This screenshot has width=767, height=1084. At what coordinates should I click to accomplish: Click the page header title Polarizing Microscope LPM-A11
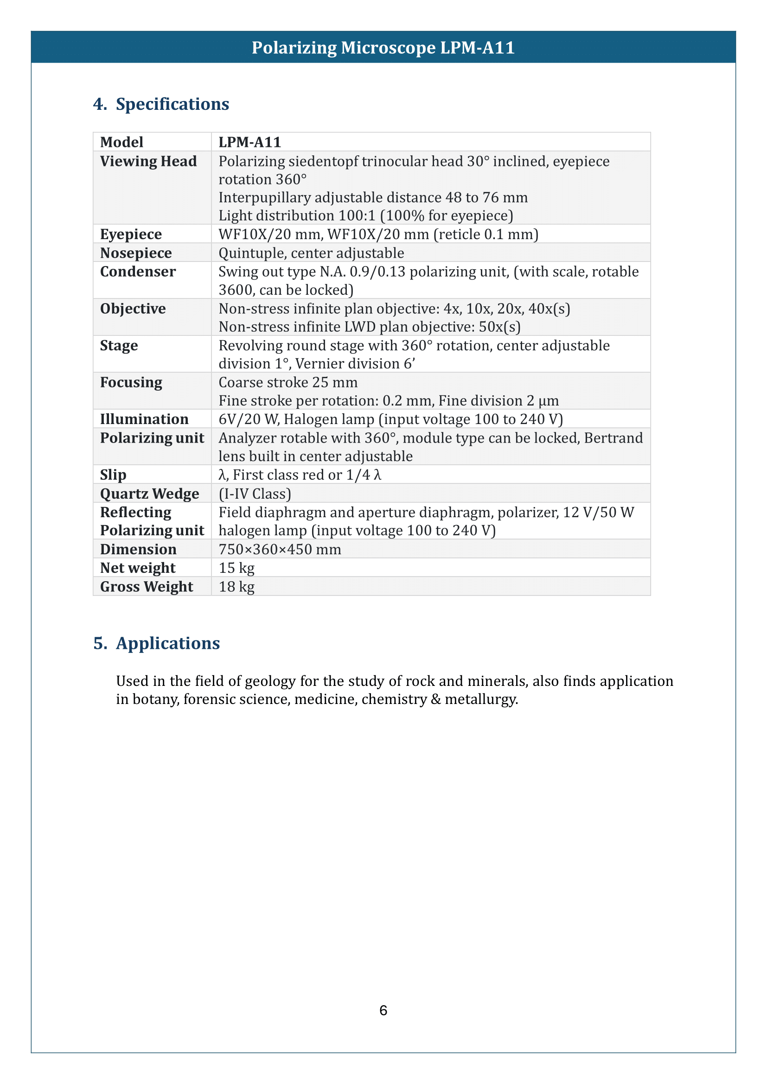(383, 48)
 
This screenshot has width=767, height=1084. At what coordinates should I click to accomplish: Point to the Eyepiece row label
(131, 234)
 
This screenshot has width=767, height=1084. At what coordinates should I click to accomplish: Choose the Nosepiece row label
(136, 253)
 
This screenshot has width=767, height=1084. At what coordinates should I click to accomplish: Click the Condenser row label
(138, 272)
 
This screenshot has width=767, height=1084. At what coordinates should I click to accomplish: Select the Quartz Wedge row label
(149, 494)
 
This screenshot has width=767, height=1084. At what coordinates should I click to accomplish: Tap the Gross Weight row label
(147, 586)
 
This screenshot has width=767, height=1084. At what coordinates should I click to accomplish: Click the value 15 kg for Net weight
(236, 568)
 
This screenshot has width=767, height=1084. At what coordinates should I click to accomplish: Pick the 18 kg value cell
(236, 586)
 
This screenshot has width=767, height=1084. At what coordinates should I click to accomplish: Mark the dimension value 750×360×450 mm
(280, 549)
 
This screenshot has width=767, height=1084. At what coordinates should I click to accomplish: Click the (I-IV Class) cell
(255, 494)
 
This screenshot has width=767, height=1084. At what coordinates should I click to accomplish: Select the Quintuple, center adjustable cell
(311, 253)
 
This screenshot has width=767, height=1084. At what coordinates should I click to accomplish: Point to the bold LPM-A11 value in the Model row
(250, 142)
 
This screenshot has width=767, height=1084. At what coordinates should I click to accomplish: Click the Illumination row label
(144, 419)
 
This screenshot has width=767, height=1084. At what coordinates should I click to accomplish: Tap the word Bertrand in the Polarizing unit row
(613, 438)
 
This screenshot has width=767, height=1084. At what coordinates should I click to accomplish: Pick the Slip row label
(113, 475)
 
